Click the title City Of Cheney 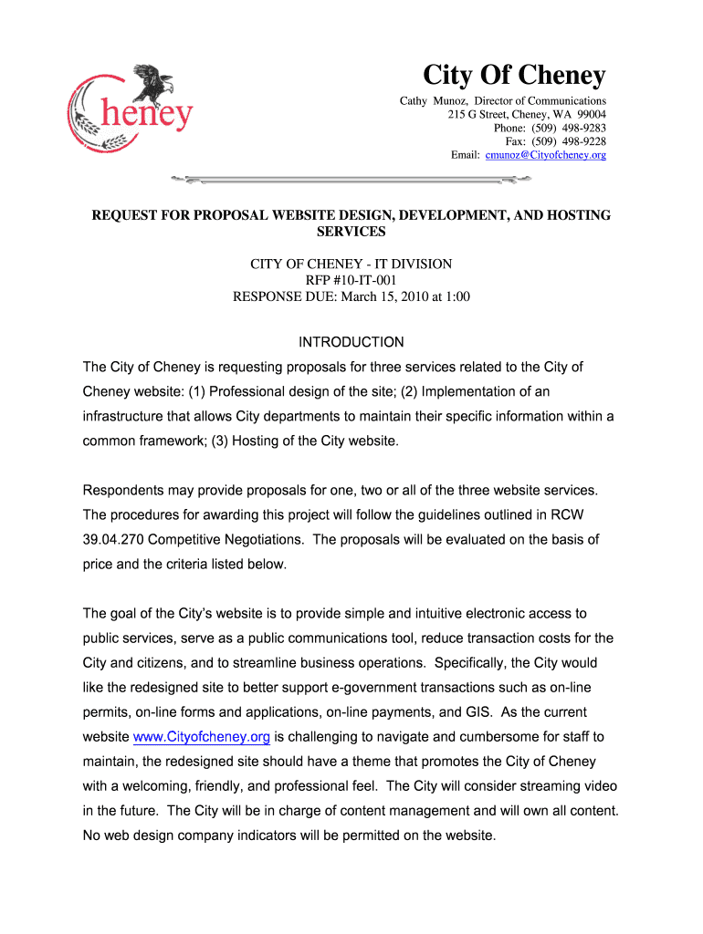pyautogui.click(x=514, y=75)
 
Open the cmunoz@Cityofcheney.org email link pyautogui.click(x=545, y=155)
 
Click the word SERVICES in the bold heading pyautogui.click(x=351, y=232)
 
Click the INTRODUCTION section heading pyautogui.click(x=351, y=342)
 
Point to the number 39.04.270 pyautogui.click(x=112, y=539)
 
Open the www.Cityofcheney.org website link pyautogui.click(x=201, y=737)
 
